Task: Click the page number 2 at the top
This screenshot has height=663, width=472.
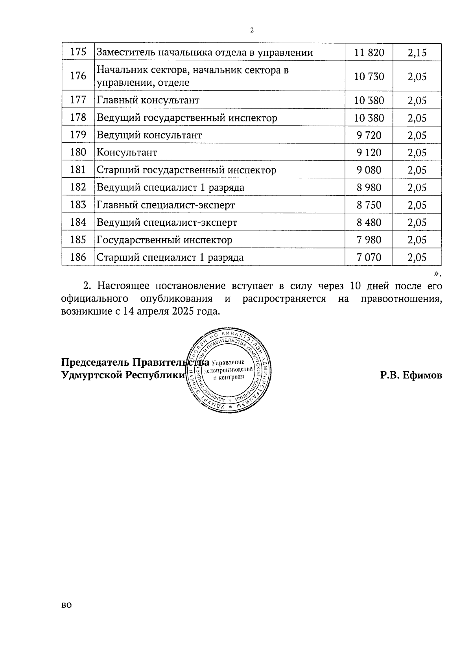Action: point(252,30)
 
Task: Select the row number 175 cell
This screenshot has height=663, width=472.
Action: point(78,52)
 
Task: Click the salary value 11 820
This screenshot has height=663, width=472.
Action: point(369,52)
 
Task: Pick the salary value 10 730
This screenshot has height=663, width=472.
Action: point(369,76)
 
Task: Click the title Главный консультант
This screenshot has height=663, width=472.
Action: point(148,100)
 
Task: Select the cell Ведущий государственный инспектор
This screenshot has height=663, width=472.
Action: point(187,118)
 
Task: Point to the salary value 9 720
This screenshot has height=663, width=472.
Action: point(369,135)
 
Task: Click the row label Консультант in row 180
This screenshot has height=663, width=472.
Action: point(127,153)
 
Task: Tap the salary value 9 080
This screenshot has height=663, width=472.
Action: point(369,170)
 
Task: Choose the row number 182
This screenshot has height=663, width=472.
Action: point(78,187)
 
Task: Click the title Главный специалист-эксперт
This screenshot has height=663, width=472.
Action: point(166,205)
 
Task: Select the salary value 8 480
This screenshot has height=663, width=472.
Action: point(369,222)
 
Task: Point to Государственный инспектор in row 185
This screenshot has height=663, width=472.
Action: point(164,240)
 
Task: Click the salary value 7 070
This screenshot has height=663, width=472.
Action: point(369,257)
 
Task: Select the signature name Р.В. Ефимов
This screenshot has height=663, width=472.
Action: point(411,375)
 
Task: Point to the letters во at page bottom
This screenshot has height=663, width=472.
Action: point(66,606)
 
